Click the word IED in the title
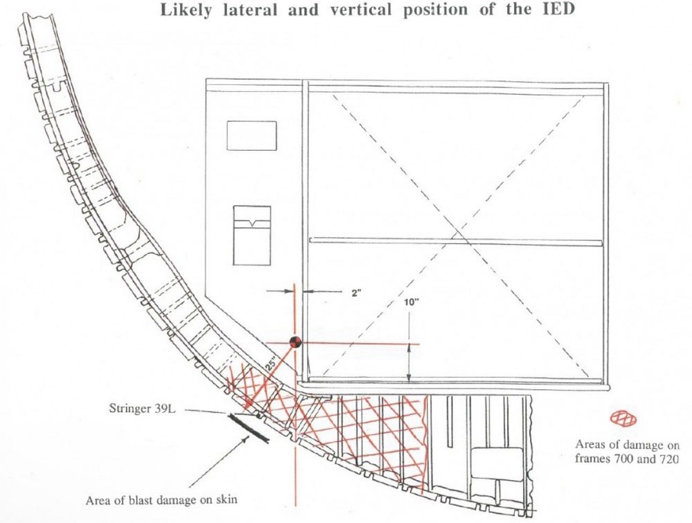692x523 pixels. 558,9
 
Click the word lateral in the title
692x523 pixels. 251,10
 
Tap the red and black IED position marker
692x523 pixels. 295,342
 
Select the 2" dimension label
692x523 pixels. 356,293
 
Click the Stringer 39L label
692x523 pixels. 142,409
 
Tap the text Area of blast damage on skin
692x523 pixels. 161,500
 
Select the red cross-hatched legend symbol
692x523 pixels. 623,419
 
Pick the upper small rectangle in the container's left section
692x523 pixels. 252,136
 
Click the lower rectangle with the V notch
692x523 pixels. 252,235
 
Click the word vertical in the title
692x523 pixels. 360,10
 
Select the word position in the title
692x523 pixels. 436,10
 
